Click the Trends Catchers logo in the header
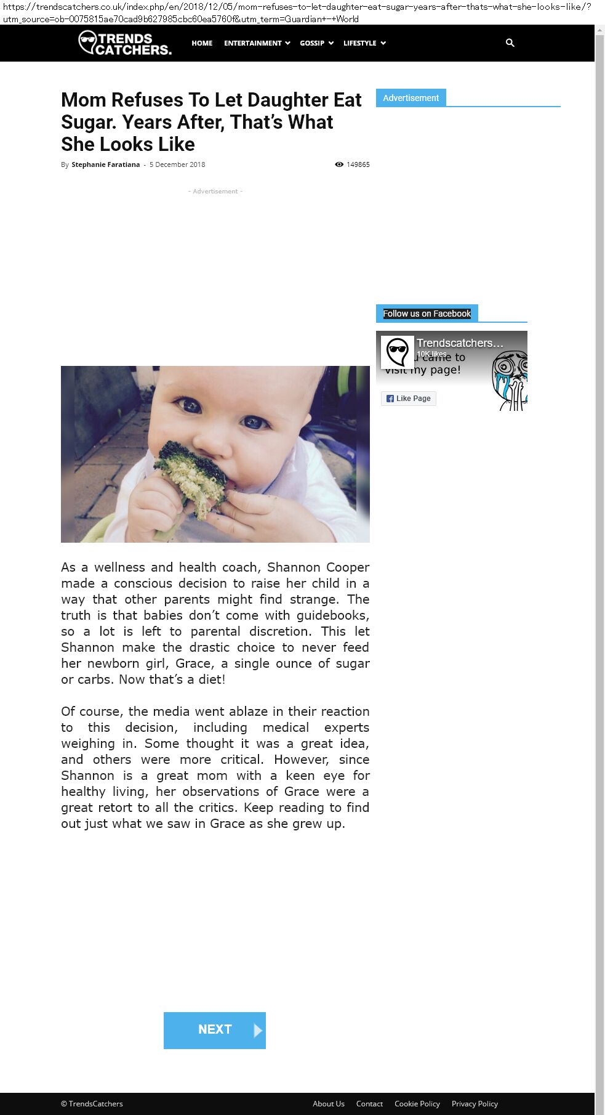click(125, 43)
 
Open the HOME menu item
click(202, 43)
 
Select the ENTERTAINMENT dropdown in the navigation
click(257, 43)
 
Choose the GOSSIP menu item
click(316, 43)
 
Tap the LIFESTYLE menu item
click(364, 43)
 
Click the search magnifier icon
click(510, 43)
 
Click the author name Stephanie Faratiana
click(105, 164)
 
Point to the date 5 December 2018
click(177, 164)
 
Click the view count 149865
click(358, 164)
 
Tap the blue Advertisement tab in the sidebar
click(411, 98)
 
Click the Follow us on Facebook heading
click(427, 314)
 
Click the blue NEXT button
click(215, 1030)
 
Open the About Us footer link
click(329, 1103)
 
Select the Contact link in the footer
click(369, 1103)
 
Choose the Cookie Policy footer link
click(417, 1103)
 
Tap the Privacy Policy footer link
click(475, 1103)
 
